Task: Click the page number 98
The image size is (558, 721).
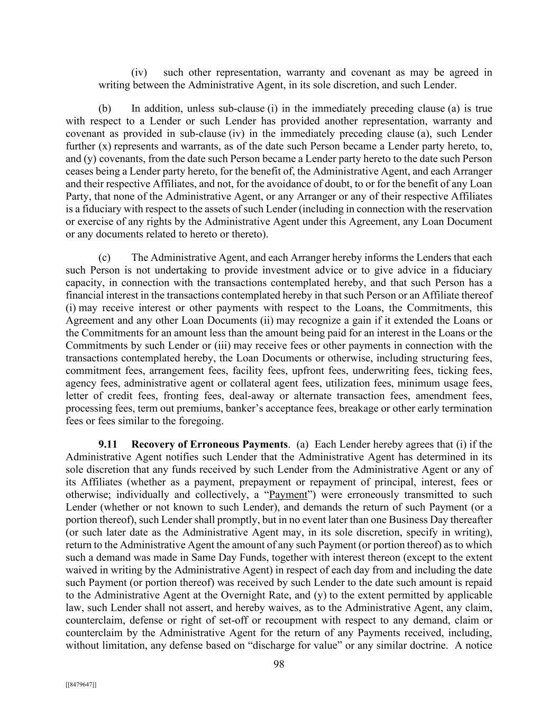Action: tap(279, 664)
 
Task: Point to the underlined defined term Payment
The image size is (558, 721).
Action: tap(288, 494)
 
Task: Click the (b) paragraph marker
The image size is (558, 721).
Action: tap(105, 108)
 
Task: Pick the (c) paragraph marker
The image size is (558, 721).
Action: tap(105, 257)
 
